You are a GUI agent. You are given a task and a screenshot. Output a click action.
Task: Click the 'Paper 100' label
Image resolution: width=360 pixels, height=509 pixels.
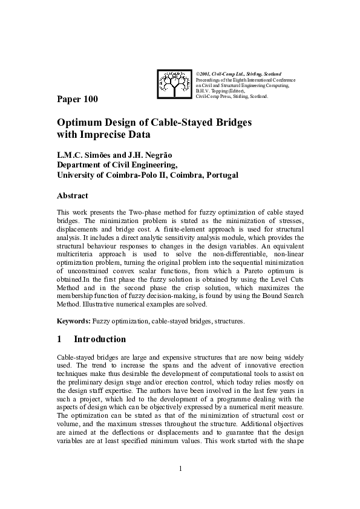pyautogui.click(x=77, y=99)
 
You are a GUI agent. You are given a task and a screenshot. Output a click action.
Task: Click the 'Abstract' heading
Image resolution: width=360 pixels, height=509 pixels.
pyautogui.click(x=72, y=196)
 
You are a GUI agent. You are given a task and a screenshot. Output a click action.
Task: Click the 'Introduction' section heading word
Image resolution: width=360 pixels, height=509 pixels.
pyautogui.click(x=100, y=339)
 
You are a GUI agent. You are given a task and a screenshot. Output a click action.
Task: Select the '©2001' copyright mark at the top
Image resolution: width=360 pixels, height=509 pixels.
pyautogui.click(x=203, y=74)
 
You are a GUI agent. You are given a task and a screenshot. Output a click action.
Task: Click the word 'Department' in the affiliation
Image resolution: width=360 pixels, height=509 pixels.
pyautogui.click(x=82, y=164)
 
